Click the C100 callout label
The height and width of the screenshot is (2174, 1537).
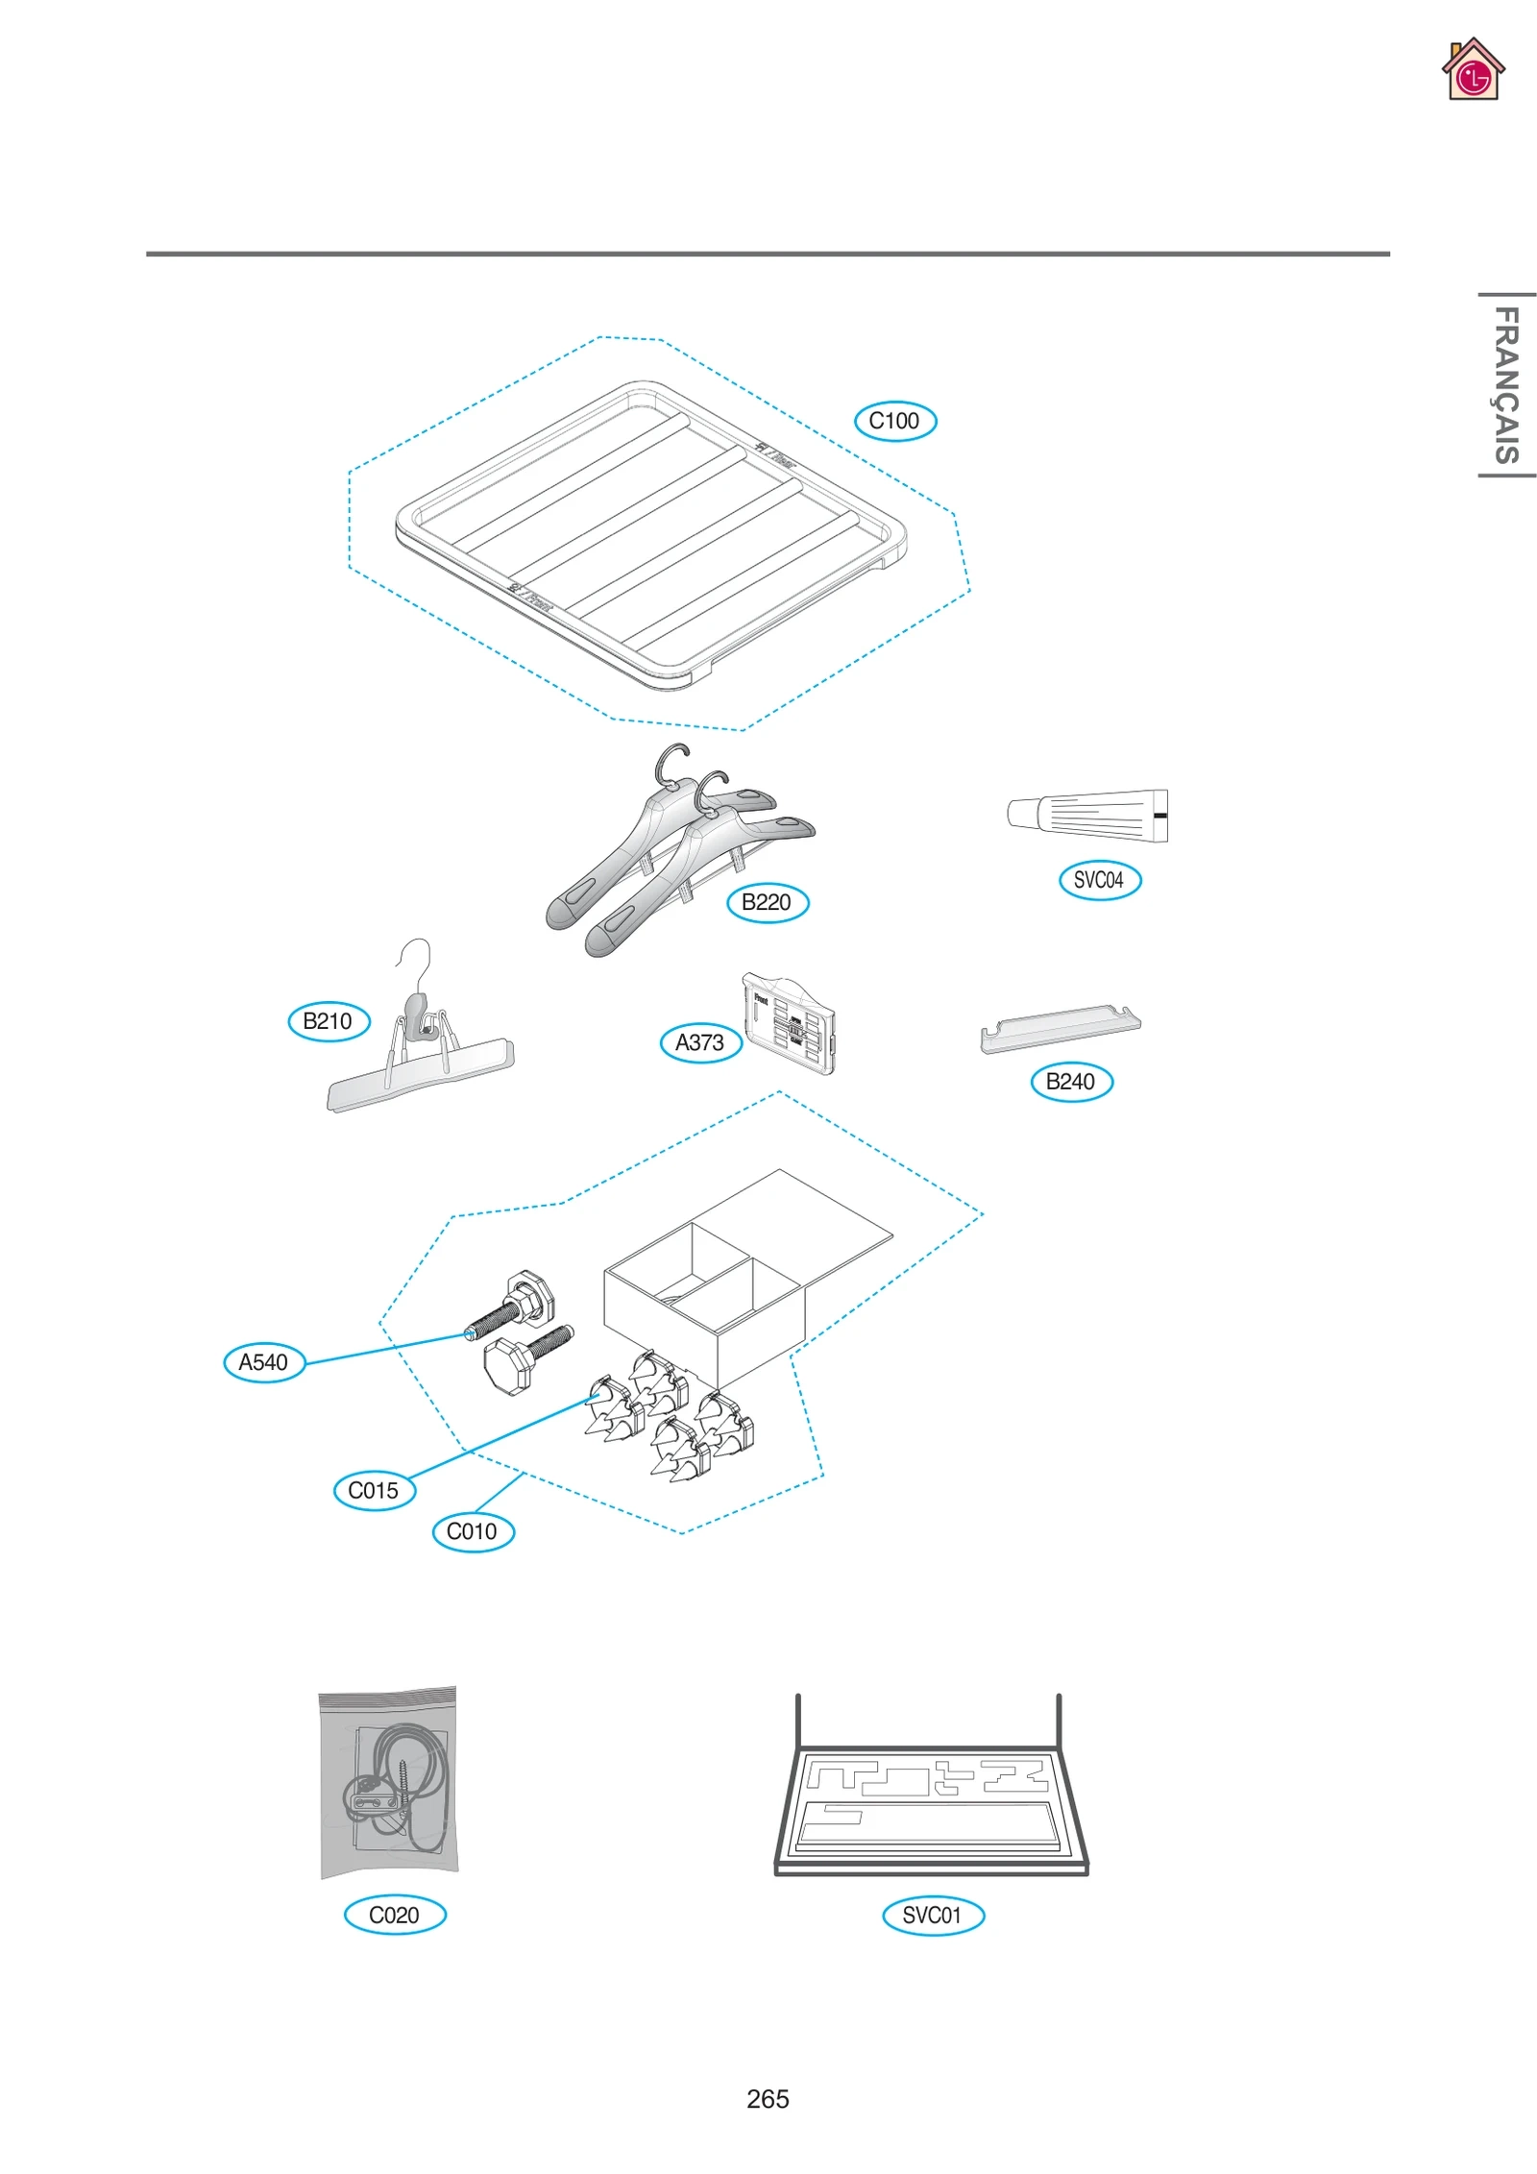[894, 421]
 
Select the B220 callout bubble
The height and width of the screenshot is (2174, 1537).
[767, 902]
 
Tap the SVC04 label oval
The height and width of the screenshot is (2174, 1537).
[1099, 880]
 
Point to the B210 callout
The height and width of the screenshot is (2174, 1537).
[329, 1020]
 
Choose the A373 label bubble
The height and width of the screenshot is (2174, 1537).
[700, 1042]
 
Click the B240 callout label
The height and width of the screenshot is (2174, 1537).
[1070, 1082]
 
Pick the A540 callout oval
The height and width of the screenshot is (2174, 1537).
[263, 1362]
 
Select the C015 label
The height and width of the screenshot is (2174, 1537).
[374, 1490]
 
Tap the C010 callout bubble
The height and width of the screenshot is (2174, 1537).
[473, 1531]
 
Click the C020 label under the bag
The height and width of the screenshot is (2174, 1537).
[395, 1915]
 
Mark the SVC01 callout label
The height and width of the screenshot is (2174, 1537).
[932, 1915]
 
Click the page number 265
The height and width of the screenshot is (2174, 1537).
[768, 2099]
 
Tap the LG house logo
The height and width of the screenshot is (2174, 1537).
[1472, 70]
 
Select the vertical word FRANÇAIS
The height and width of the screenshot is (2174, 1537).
[1505, 384]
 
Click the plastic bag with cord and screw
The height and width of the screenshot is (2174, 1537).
[388, 1782]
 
